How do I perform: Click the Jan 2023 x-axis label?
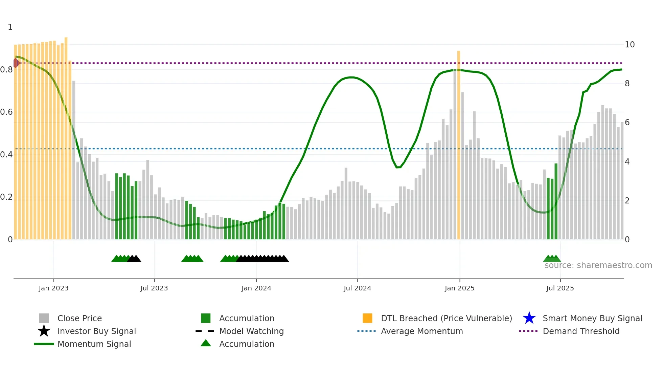(53, 288)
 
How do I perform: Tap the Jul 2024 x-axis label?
(357, 288)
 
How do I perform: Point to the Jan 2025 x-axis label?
(459, 288)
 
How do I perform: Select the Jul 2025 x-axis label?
(560, 288)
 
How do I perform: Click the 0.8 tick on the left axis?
(6, 70)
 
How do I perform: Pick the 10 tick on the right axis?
(630, 45)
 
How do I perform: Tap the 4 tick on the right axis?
(627, 162)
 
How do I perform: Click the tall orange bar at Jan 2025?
(459, 135)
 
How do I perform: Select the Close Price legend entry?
(79, 318)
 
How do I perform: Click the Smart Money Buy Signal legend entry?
(592, 318)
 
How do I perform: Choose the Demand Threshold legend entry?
(581, 331)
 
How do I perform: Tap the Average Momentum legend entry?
(421, 331)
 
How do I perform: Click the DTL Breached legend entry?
(446, 318)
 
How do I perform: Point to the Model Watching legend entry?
(251, 331)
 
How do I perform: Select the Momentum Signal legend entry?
(94, 344)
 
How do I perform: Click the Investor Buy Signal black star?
(44, 331)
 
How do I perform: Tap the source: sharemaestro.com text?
(598, 265)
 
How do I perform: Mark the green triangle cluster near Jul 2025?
(552, 259)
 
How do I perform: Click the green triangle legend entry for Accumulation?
(206, 343)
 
